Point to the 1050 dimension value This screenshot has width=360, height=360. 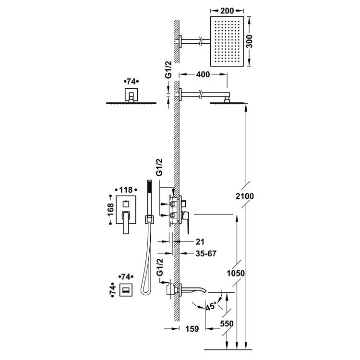point(236,274)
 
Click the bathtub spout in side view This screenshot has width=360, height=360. point(194,289)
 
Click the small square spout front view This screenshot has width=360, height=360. point(126,290)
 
